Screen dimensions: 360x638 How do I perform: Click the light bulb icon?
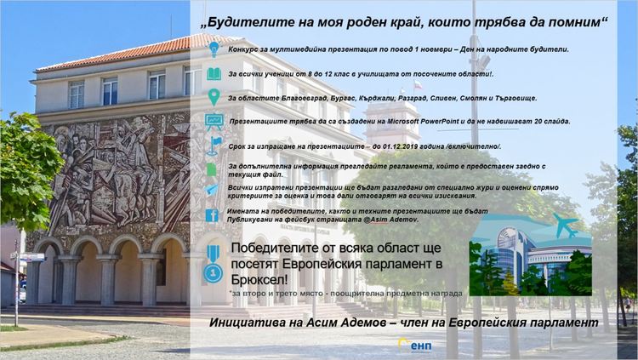tap(214, 49)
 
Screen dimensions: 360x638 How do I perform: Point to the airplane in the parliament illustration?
tap(564, 226)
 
